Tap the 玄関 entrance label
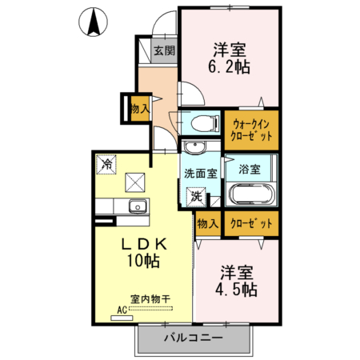point(164,50)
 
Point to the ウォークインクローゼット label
point(251,130)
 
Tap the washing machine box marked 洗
point(196,194)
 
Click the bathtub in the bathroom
point(252,196)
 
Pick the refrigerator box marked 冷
point(106,163)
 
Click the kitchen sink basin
point(137,206)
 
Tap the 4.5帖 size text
point(237,288)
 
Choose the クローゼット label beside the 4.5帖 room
point(251,223)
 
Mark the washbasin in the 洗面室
point(193,148)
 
